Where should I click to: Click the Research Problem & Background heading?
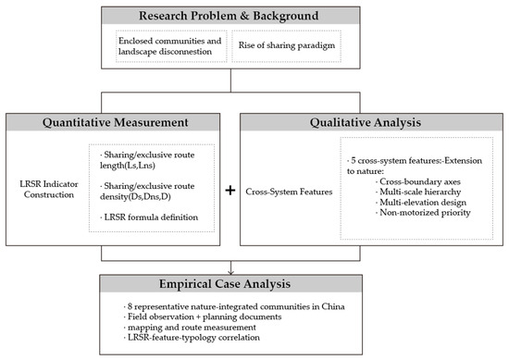click(229, 16)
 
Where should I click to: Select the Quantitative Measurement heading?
click(116, 123)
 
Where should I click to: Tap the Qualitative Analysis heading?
click(366, 123)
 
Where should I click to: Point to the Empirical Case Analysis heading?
click(225, 284)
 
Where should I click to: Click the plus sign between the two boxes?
click(230, 191)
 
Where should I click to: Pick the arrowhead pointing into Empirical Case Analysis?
click(230, 272)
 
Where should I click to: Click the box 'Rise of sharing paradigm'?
click(286, 45)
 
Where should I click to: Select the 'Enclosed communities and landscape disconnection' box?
click(171, 45)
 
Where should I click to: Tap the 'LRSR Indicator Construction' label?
click(49, 189)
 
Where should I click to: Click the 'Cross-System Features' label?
click(289, 192)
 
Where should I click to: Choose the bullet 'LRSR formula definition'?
click(149, 217)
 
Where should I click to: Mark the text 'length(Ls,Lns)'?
click(128, 166)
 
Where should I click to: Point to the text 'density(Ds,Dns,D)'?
click(135, 197)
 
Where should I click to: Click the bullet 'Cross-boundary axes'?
click(418, 181)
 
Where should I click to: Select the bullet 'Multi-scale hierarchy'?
click(418, 192)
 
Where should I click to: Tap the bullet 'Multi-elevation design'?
click(421, 203)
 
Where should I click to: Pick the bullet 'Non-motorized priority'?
click(423, 213)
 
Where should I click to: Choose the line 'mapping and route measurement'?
click(190, 328)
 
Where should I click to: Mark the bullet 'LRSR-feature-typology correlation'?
click(192, 338)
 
